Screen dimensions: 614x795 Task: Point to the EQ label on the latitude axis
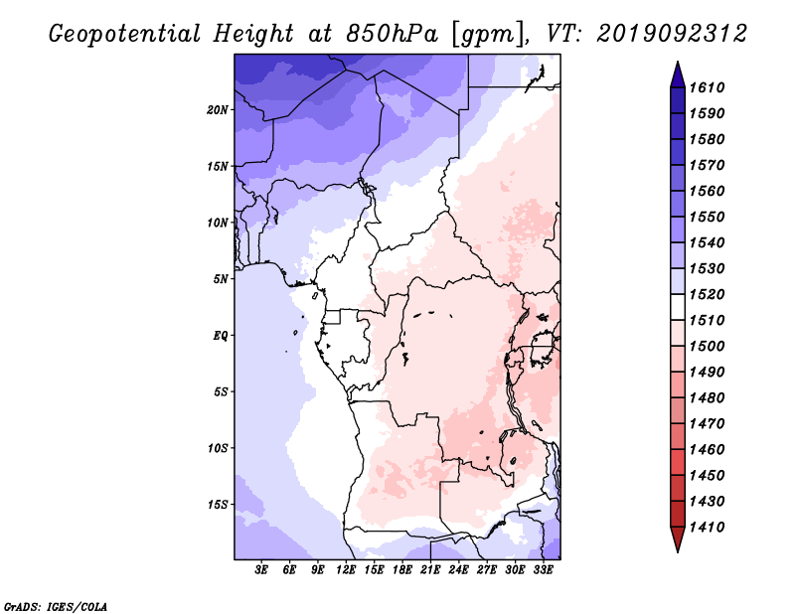coord(221,336)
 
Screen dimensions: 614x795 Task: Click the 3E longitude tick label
coord(262,570)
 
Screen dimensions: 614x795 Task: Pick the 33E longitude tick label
coord(543,570)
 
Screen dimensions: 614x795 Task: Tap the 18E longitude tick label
coord(402,570)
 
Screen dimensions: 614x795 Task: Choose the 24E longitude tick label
coord(459,570)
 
